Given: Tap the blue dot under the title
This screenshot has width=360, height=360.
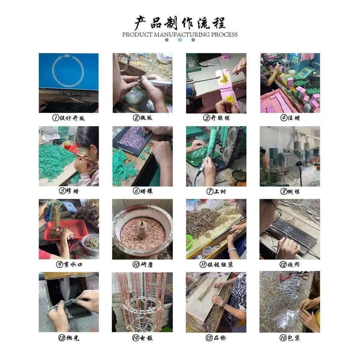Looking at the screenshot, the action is click(180, 40).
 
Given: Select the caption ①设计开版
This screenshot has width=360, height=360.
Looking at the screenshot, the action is click(68, 118).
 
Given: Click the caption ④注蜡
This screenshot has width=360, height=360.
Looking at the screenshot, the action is click(290, 118).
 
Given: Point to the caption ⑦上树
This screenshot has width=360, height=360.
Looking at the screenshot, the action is click(216, 191).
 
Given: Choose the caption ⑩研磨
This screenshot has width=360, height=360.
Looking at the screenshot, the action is click(143, 265).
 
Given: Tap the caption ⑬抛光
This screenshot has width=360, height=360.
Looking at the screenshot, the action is click(69, 338).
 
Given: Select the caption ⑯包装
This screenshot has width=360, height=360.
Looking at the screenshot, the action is click(290, 338).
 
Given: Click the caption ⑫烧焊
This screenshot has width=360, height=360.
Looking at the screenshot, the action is click(290, 265).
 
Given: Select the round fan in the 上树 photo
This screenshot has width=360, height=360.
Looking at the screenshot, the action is click(231, 147).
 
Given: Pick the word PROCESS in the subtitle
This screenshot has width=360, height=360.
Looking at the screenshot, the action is click(225, 35).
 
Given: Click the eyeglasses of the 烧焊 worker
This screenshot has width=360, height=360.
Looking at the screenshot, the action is click(278, 212).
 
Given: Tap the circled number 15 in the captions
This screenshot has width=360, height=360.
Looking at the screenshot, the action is click(209, 338).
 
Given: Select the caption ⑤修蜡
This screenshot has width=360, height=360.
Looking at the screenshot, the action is click(69, 191).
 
